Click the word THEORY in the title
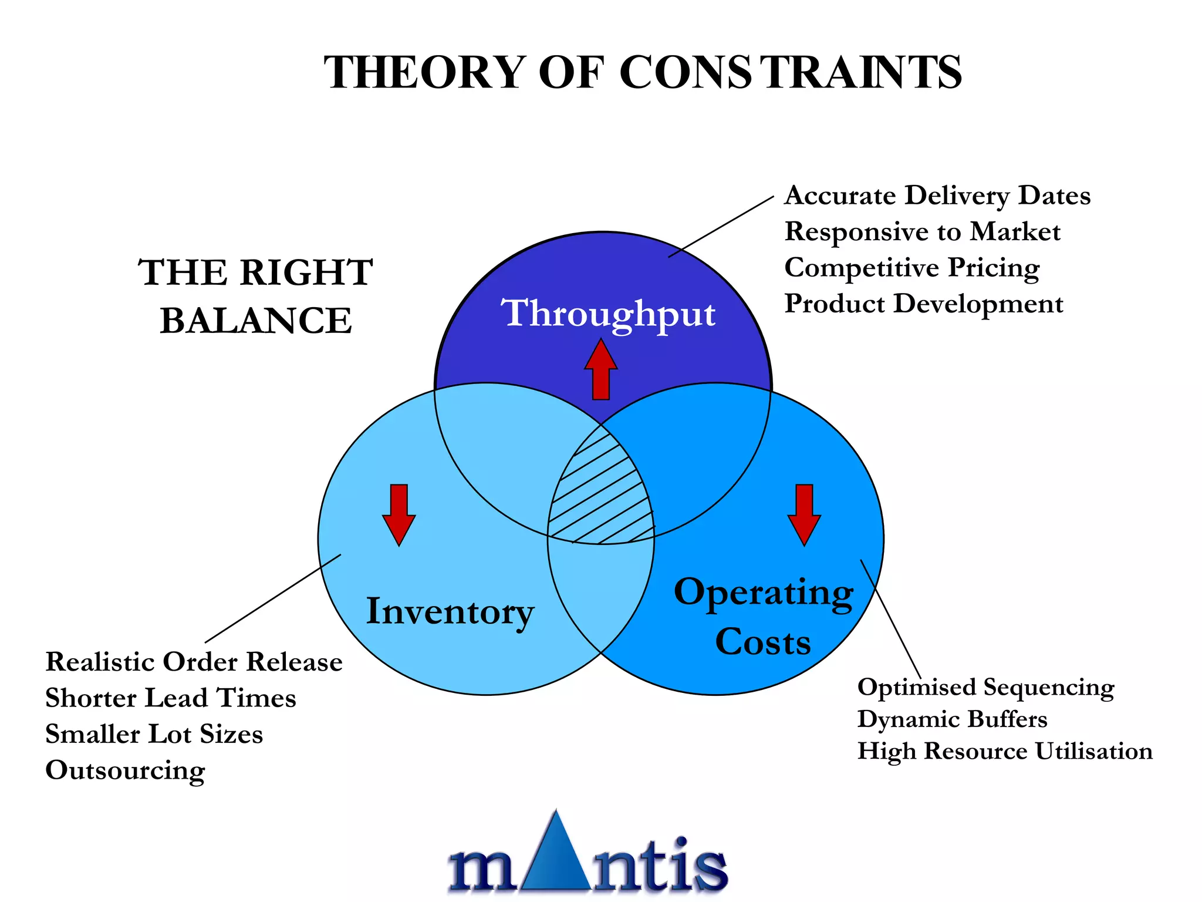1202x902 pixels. click(x=425, y=73)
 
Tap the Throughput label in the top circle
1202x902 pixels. click(x=607, y=314)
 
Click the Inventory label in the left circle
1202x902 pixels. click(x=450, y=612)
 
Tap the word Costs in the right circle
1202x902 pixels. click(x=763, y=642)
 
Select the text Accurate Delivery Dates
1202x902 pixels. click(x=937, y=196)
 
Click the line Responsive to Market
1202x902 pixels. click(x=923, y=232)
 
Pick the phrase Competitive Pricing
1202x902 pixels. click(x=912, y=268)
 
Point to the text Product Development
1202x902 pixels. click(x=924, y=304)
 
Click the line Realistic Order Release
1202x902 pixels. click(x=194, y=662)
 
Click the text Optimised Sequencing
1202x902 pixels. click(x=986, y=688)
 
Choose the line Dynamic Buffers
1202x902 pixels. click(x=952, y=719)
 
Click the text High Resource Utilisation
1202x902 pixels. click(x=1005, y=752)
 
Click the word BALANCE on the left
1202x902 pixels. click(x=256, y=321)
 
